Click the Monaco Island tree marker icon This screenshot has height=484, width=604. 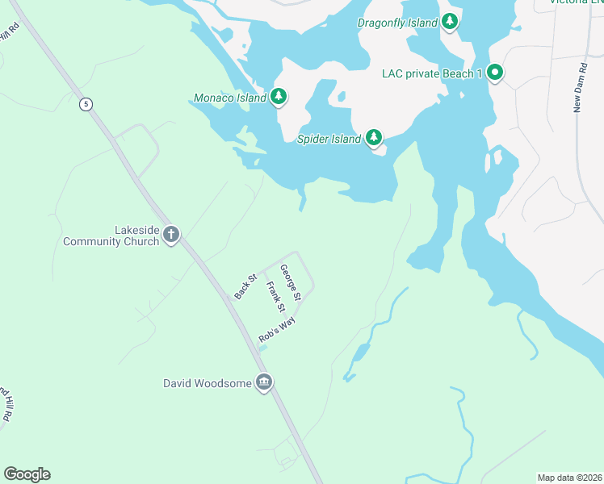[279, 98]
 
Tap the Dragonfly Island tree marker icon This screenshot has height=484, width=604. [450, 22]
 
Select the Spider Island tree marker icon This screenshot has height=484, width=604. [373, 138]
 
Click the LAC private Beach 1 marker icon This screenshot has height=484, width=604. [494, 73]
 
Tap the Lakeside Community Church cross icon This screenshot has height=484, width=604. [170, 235]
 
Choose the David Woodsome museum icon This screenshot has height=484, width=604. [263, 382]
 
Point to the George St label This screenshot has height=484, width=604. [291, 282]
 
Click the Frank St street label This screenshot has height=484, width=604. [276, 296]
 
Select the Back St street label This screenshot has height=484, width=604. [245, 286]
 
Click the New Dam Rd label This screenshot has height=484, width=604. [578, 86]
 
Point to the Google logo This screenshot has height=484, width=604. [27, 474]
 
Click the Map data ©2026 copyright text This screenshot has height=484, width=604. [569, 477]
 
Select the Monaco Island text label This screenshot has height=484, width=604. [230, 98]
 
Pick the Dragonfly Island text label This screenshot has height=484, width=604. [397, 23]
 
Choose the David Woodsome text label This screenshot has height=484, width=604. [208, 383]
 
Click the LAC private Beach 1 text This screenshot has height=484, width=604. [431, 74]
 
